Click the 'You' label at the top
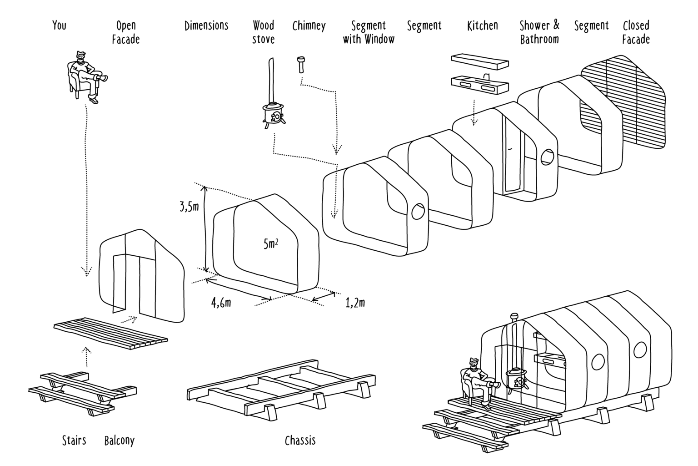[x=60, y=25]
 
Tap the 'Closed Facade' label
[x=636, y=32]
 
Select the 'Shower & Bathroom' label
[x=539, y=32]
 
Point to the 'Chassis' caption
[x=300, y=441]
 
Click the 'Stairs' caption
[x=74, y=441]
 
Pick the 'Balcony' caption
[x=120, y=441]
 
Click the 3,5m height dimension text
[x=189, y=208]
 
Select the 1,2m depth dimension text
[x=355, y=303]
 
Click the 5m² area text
[x=270, y=244]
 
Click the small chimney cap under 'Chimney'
[x=300, y=64]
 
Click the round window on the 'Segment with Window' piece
[x=418, y=212]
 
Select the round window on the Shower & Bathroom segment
[x=548, y=157]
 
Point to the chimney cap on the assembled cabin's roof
[x=514, y=317]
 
